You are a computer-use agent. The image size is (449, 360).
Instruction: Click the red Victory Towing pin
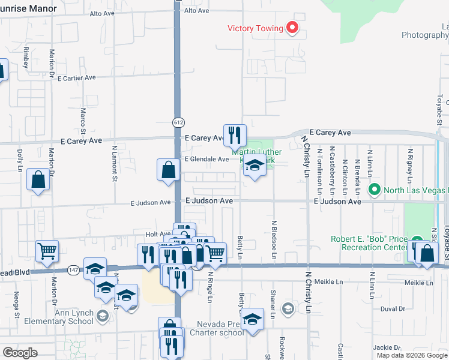(292, 28)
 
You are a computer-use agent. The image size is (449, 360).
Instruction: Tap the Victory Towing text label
(255, 28)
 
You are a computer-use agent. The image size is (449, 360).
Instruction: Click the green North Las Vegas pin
(375, 190)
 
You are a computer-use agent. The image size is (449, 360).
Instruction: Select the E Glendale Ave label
(206, 159)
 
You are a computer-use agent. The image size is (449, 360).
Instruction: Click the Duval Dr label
(393, 308)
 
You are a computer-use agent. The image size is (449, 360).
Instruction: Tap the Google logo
(20, 353)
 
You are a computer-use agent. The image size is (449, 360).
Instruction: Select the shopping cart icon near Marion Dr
(47, 251)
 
